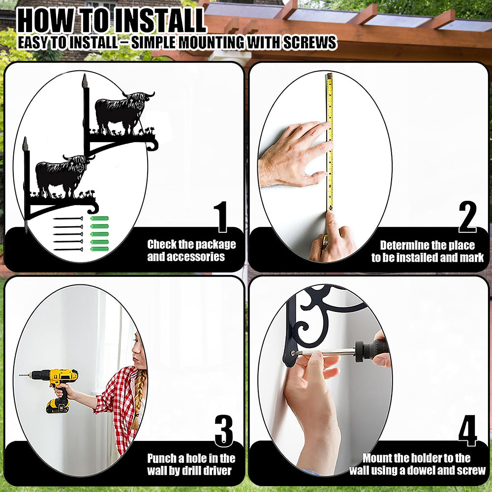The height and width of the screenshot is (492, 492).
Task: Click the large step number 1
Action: point(222,217)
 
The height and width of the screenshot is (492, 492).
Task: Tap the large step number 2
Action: point(467,217)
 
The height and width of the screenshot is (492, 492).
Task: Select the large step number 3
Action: point(224,431)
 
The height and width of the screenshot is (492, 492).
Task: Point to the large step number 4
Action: point(468,430)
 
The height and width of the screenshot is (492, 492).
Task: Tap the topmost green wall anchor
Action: point(99,218)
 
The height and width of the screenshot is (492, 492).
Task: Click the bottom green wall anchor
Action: point(99,249)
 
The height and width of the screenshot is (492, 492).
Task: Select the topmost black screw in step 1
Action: point(68,219)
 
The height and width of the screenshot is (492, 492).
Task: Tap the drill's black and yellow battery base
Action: point(58,406)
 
